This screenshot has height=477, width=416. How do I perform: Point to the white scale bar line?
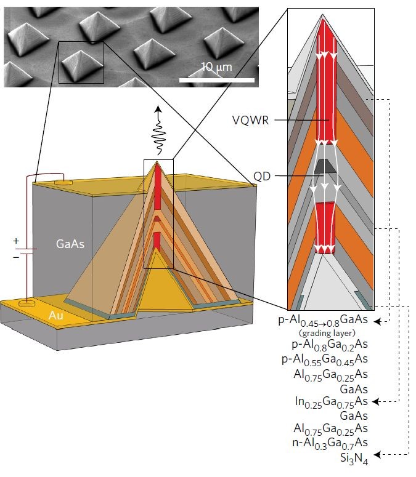point(217,80)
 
